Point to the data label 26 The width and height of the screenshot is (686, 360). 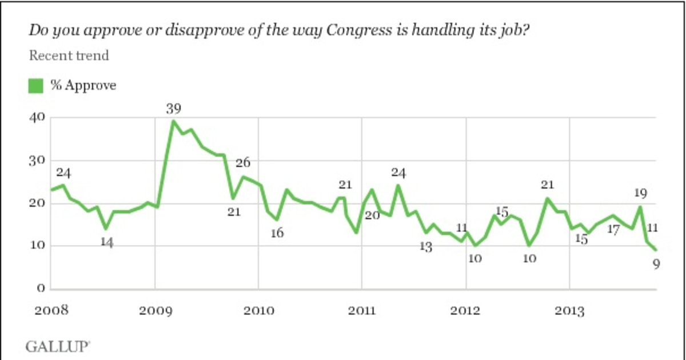243,163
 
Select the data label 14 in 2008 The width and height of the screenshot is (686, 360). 107,242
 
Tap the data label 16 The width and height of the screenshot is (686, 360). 277,233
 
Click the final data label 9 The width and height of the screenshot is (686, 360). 656,264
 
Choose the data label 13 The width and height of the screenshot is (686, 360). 425,247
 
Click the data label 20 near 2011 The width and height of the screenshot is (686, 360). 373,215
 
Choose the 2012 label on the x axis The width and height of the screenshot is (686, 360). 466,311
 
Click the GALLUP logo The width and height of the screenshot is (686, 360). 57,346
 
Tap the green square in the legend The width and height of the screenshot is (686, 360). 35,86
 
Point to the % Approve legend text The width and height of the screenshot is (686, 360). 83,86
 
